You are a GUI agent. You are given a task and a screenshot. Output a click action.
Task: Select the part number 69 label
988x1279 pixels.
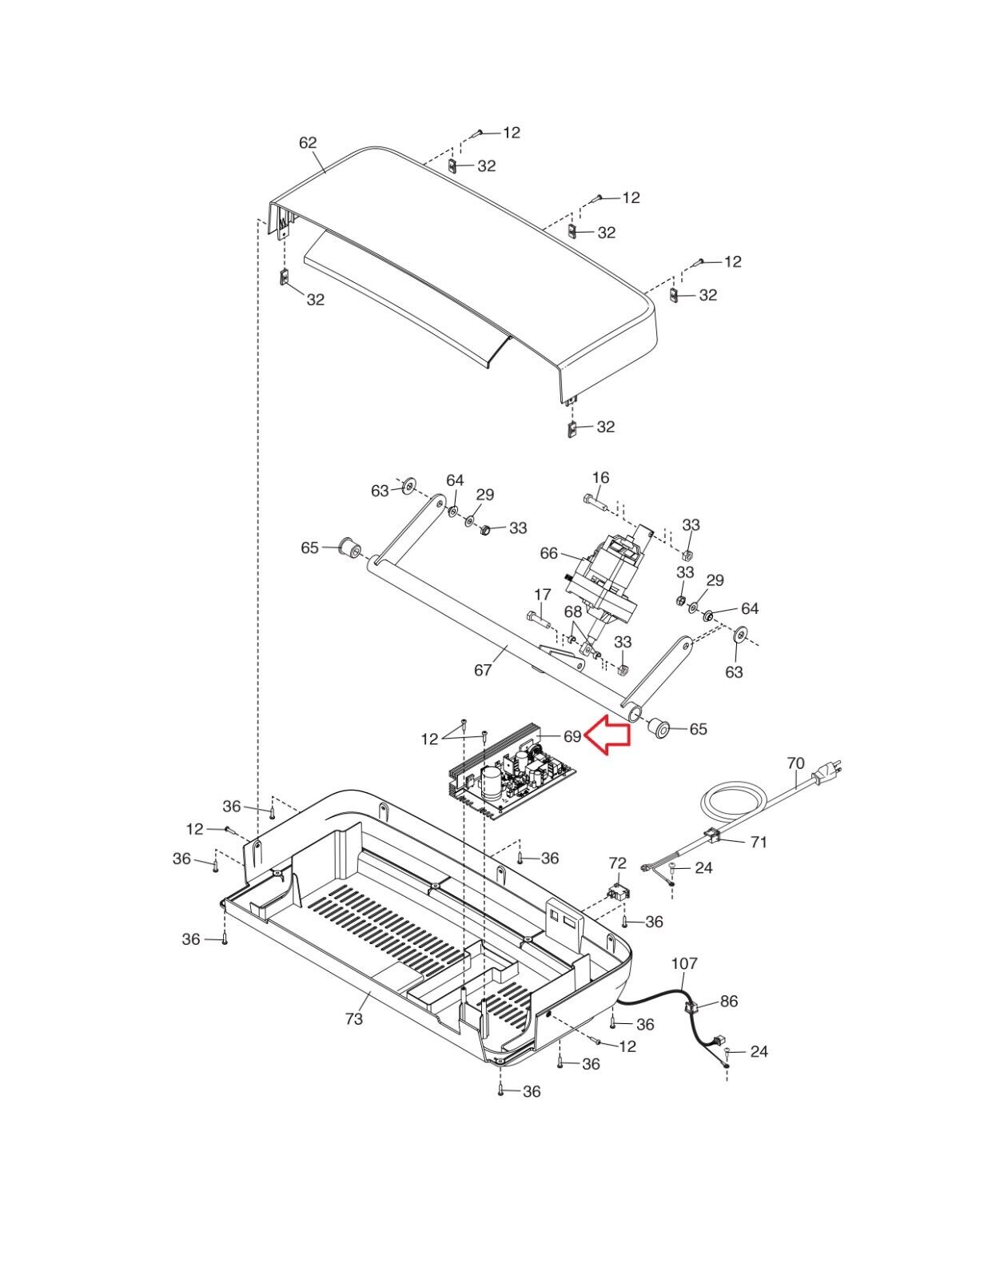point(572,735)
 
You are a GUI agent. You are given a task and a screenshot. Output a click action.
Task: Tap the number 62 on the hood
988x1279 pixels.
point(308,142)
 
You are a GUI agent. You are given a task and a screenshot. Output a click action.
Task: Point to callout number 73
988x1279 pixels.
point(354,1019)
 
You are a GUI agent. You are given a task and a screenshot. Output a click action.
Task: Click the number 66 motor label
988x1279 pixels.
point(548,553)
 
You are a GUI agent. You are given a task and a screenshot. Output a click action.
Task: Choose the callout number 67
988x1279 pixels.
point(483,670)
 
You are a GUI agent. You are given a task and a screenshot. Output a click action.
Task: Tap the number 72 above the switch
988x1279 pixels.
point(617,863)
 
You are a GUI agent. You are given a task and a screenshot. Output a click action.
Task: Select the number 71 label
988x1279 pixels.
point(759,843)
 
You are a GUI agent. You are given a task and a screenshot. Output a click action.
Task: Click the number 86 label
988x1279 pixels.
point(728,1001)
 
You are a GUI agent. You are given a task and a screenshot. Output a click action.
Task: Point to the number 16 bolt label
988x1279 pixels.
point(601,477)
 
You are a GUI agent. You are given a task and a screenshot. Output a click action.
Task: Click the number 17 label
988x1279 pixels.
point(543,593)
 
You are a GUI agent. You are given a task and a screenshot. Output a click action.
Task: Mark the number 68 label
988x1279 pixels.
point(573,612)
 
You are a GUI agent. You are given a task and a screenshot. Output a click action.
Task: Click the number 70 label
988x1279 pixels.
point(795,763)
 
